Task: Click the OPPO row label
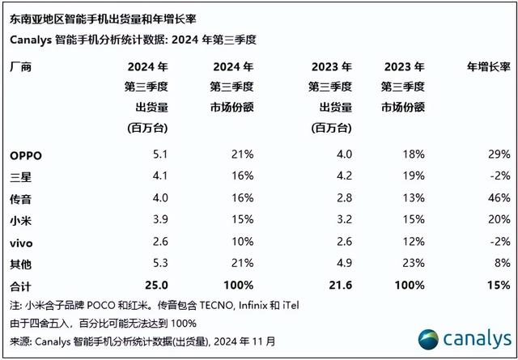click(x=25, y=154)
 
